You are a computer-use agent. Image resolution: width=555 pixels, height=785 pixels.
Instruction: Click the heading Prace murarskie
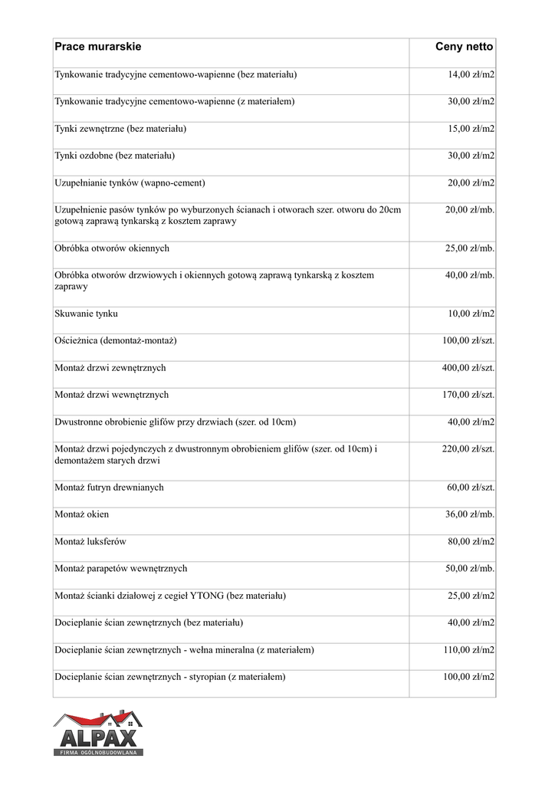[98, 48]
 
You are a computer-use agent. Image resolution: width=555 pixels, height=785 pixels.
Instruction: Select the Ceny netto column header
[464, 48]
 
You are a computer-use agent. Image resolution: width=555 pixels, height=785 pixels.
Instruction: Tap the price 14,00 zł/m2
[471, 75]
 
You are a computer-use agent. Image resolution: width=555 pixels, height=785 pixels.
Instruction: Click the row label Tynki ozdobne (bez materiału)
[115, 156]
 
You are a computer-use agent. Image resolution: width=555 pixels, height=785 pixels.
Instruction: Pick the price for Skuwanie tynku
[471, 314]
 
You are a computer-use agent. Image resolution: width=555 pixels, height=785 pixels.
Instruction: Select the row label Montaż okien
[82, 514]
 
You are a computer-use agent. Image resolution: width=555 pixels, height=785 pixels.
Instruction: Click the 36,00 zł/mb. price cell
[469, 514]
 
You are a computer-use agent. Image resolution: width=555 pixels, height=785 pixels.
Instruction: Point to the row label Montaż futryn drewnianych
[109, 488]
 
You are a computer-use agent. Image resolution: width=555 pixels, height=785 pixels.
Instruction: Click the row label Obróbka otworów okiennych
[112, 248]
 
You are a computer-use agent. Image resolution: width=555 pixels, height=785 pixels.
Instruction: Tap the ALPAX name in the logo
[98, 739]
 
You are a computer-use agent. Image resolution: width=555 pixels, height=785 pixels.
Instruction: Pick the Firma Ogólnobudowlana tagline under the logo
[98, 754]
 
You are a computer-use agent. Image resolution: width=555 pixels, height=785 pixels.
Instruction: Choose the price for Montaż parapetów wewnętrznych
[469, 569]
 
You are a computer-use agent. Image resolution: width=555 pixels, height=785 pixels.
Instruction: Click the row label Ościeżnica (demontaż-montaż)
[116, 340]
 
